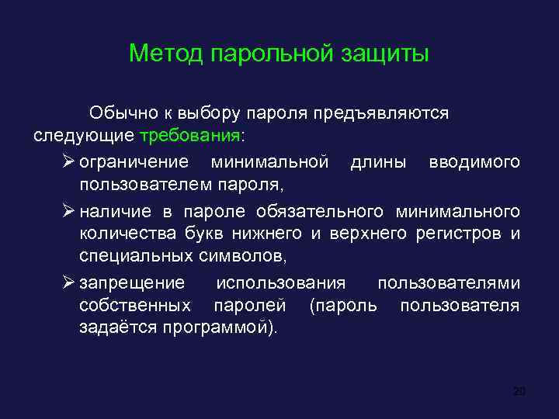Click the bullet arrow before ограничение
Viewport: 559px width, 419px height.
pyautogui.click(x=65, y=161)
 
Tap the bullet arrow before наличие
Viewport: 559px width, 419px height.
pyautogui.click(x=65, y=211)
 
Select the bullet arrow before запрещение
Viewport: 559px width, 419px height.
pyautogui.click(x=65, y=282)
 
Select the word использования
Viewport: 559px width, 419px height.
pyautogui.click(x=280, y=282)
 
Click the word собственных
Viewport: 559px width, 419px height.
pyautogui.click(x=135, y=305)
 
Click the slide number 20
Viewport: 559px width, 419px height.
pyautogui.click(x=519, y=391)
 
